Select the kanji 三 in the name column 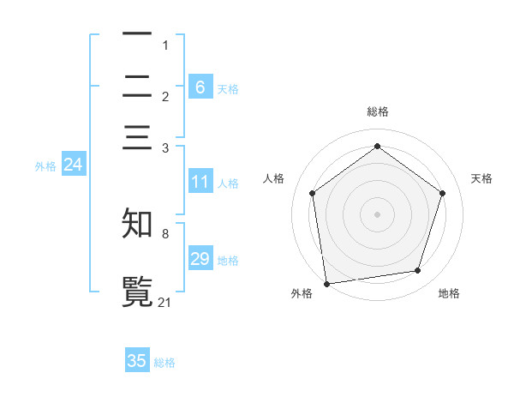pyautogui.click(x=137, y=140)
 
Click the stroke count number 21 pyautogui.click(x=165, y=302)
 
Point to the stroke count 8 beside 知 pyautogui.click(x=165, y=233)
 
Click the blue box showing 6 pyautogui.click(x=200, y=87)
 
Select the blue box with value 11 pyautogui.click(x=200, y=182)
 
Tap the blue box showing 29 pyautogui.click(x=200, y=259)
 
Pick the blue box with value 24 pyautogui.click(x=73, y=165)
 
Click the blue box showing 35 pyautogui.click(x=137, y=361)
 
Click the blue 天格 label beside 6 pyautogui.click(x=228, y=88)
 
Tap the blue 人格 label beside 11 pyautogui.click(x=228, y=183)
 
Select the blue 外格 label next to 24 pyautogui.click(x=45, y=166)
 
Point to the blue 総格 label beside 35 pyautogui.click(x=164, y=363)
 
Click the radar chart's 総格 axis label pyautogui.click(x=378, y=111)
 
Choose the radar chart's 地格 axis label pyautogui.click(x=449, y=293)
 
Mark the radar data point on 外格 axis pyautogui.click(x=326, y=283)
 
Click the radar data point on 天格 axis pyautogui.click(x=443, y=193)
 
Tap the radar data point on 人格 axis pyautogui.click(x=313, y=193)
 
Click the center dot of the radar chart pyautogui.click(x=378, y=214)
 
